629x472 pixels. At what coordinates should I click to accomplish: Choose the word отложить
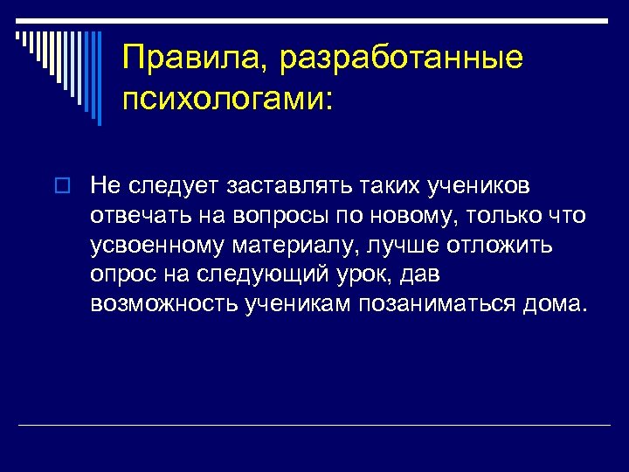[508, 246]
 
